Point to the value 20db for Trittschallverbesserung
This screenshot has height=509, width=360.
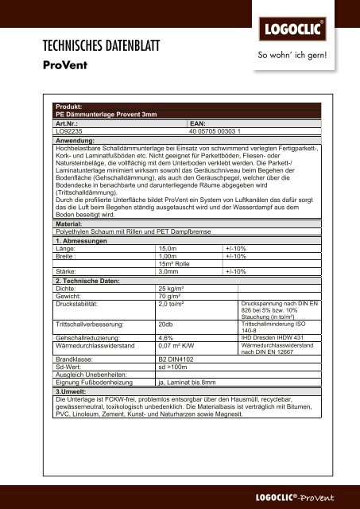(x=166, y=324)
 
